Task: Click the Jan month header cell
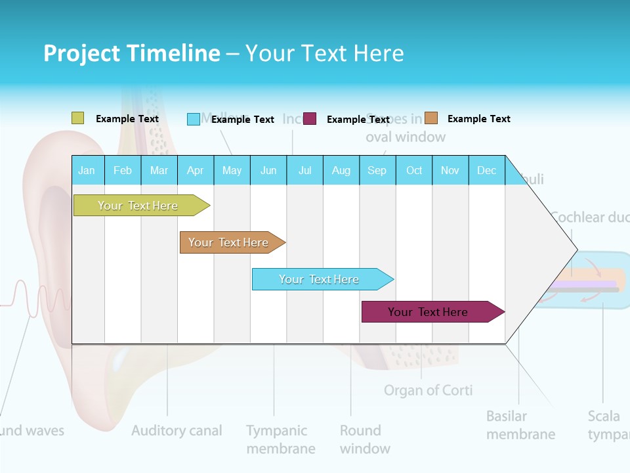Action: coord(87,170)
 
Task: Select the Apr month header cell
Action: coord(196,170)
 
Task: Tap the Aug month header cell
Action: coord(341,170)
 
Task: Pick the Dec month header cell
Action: coord(487,170)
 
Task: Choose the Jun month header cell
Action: coord(268,170)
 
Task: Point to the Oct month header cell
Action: coord(414,170)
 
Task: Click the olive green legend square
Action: coord(78,118)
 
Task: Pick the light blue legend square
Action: coord(194,119)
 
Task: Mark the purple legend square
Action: coord(310,118)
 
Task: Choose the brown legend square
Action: coord(431,118)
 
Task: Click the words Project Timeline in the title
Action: coord(131,53)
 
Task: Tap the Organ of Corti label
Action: coord(428,390)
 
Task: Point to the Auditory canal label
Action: coord(177,431)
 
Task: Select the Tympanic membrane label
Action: coord(280,439)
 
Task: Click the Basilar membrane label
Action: coord(520,425)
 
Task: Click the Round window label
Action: coord(365,439)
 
